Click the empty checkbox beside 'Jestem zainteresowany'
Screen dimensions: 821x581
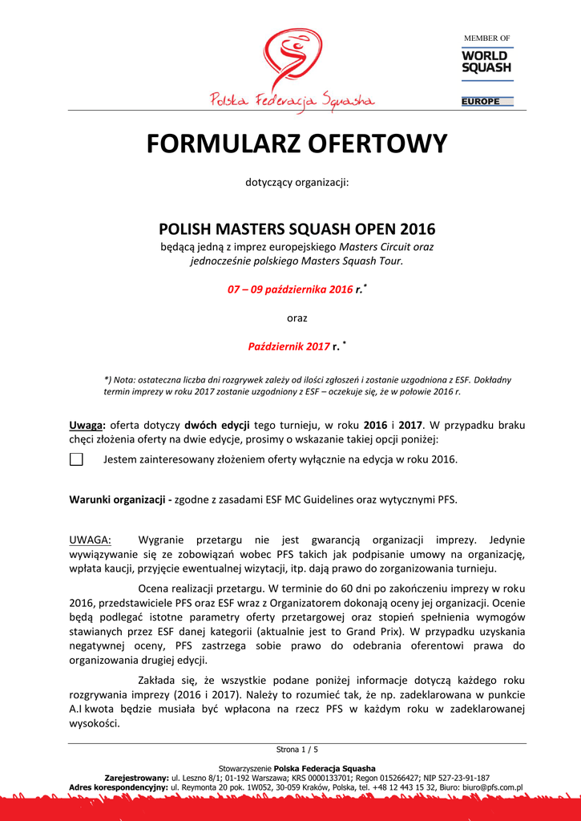click(76, 459)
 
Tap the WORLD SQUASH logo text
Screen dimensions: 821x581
click(486, 62)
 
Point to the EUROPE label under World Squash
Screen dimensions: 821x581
click(481, 102)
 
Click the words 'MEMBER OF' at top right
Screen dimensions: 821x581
click(487, 38)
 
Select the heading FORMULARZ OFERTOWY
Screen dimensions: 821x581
click(297, 144)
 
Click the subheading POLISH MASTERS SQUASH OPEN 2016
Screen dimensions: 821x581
click(297, 228)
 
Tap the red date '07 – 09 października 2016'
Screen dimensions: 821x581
click(290, 289)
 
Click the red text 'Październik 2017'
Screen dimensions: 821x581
click(288, 346)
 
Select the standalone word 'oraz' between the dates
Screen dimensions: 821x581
click(297, 318)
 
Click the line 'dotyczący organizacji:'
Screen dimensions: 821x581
click(297, 183)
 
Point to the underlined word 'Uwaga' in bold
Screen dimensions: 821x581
click(85, 425)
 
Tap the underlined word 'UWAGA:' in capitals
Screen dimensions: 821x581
click(91, 540)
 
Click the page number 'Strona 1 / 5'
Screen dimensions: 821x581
click(297, 750)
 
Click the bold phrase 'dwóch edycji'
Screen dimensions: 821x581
click(217, 425)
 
